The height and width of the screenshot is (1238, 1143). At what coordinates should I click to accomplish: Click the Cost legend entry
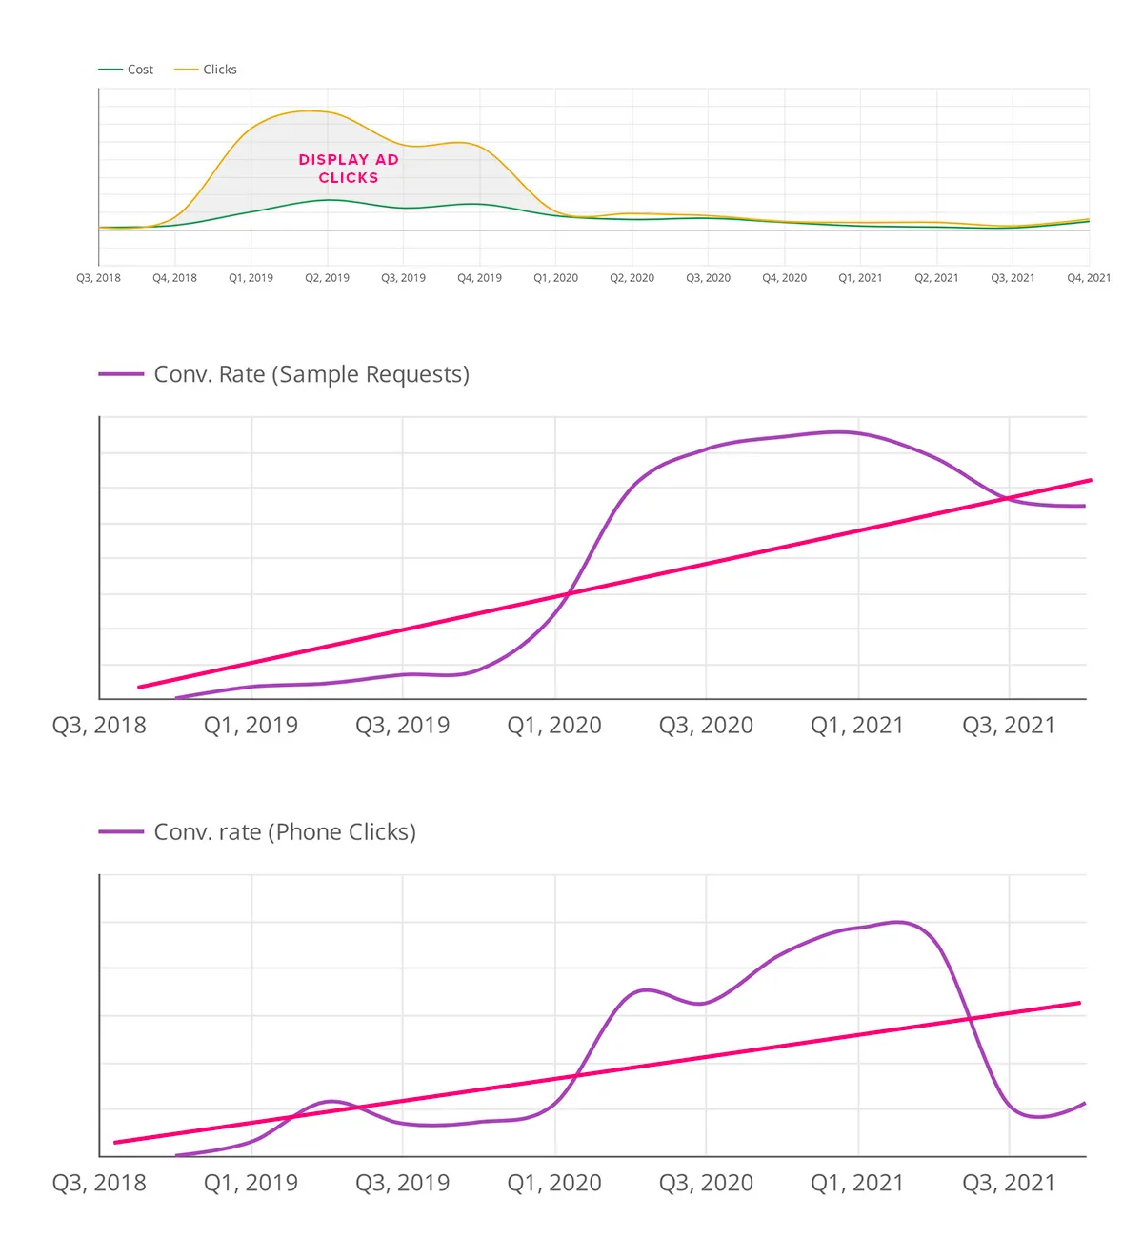(126, 70)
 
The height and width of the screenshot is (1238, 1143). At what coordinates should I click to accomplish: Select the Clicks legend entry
(205, 70)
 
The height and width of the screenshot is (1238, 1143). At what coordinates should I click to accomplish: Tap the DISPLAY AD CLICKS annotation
(349, 169)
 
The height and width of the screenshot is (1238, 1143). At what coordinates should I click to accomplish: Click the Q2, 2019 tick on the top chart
(327, 278)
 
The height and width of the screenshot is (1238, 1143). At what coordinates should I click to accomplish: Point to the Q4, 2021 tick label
(1089, 278)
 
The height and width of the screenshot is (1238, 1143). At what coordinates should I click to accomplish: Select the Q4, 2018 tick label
(174, 278)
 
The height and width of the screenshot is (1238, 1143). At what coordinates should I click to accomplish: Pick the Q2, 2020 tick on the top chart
(632, 278)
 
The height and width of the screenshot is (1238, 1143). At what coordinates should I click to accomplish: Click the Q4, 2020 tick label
(784, 278)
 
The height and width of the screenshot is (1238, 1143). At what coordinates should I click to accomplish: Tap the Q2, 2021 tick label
(936, 278)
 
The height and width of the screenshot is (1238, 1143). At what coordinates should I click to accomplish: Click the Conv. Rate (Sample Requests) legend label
(311, 374)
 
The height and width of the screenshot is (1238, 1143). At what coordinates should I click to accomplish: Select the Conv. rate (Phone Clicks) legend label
(285, 831)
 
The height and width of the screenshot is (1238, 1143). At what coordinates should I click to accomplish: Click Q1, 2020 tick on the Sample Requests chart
(553, 725)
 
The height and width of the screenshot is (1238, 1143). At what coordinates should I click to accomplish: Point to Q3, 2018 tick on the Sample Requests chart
(99, 725)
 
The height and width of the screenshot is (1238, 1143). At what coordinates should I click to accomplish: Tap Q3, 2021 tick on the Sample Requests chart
(1009, 725)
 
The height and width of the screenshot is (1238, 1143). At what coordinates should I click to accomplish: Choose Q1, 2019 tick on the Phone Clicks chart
(251, 1183)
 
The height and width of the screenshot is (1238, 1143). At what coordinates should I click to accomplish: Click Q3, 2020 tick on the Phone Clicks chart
(706, 1183)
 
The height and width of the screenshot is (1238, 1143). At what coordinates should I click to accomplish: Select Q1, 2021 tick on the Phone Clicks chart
(857, 1183)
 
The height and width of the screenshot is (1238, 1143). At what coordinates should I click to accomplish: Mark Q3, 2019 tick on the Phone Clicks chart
(402, 1183)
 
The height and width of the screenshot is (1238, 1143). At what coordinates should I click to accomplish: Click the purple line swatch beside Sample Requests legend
(121, 374)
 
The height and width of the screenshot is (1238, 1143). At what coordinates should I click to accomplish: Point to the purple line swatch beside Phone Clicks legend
(121, 831)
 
